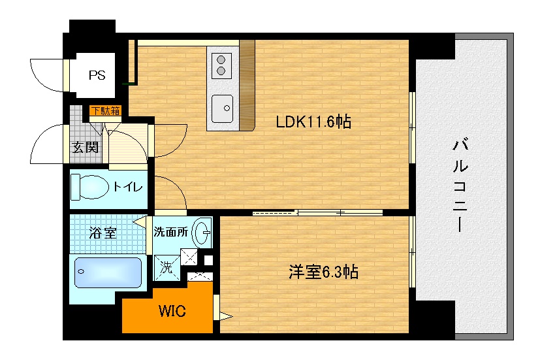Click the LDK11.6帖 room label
coord(313,122)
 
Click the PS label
coord(97,74)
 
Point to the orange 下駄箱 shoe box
coord(105,110)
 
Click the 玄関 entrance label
coord(85,147)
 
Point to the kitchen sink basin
coord(223,105)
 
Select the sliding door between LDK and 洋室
coord(317,212)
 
